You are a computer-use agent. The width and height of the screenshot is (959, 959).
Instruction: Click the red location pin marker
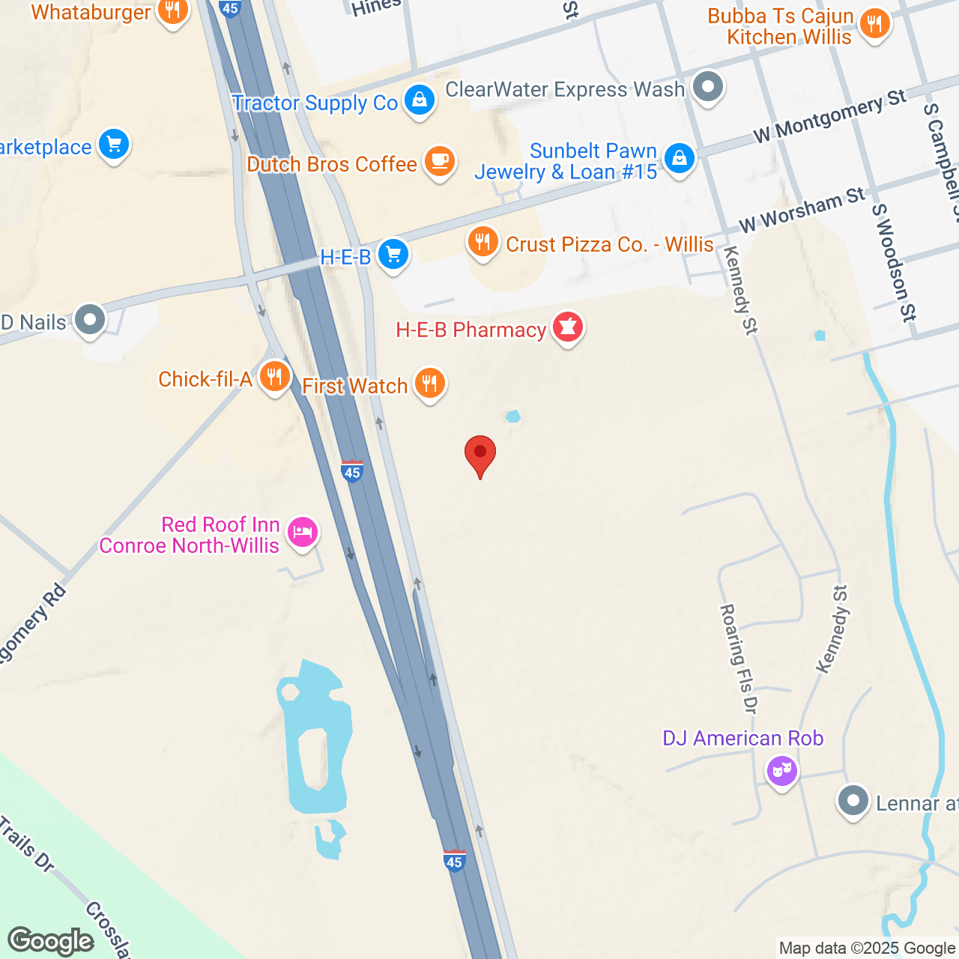[480, 454]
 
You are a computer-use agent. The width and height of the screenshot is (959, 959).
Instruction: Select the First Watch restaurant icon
[429, 384]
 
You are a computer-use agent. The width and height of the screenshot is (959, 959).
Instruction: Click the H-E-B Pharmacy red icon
[568, 328]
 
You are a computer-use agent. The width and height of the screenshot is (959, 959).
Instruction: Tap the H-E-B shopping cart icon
[393, 255]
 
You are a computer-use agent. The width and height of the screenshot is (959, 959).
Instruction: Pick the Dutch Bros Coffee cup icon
[440, 161]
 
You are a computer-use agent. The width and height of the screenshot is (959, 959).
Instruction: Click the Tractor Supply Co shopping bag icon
[420, 100]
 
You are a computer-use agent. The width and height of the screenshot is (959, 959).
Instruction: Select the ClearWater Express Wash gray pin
[707, 87]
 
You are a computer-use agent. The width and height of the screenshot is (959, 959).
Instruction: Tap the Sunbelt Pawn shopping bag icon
[680, 159]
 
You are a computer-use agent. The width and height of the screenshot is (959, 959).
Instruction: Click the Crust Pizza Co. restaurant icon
[483, 242]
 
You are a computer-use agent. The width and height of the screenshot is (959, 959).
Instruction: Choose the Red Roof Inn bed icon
[303, 533]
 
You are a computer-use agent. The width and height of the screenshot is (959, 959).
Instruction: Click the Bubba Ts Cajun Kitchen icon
[874, 24]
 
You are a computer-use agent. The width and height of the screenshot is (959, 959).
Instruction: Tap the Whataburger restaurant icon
[173, 11]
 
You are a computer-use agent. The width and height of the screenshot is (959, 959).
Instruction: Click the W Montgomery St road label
[829, 115]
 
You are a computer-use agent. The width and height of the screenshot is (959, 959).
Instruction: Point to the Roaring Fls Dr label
[739, 658]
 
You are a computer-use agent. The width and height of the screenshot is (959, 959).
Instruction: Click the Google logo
[51, 941]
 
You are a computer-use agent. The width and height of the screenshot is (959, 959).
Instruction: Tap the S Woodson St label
[894, 263]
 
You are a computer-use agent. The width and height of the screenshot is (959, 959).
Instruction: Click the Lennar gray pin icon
[853, 802]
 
